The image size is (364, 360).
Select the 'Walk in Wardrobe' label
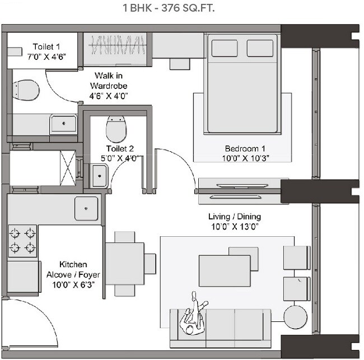tap(109, 86)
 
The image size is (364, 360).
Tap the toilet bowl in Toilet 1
tap(25, 90)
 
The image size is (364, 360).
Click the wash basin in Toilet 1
tap(63, 121)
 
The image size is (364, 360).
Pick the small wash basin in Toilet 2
tap(99, 178)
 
